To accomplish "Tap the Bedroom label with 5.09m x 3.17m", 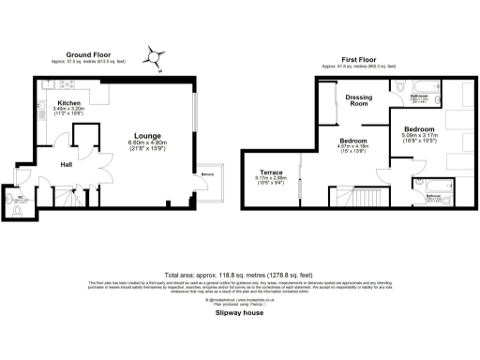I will pyautogui.click(x=418, y=128).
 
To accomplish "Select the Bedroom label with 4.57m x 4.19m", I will pyautogui.click(x=353, y=140).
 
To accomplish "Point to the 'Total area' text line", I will pyautogui.click(x=239, y=265).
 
